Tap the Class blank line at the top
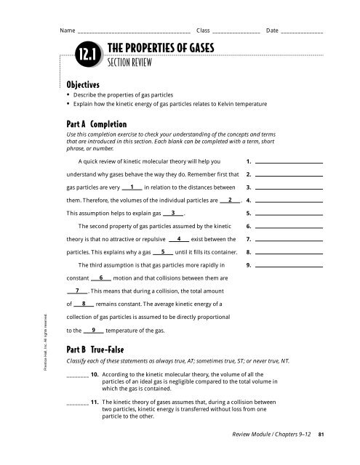[x=236, y=33]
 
